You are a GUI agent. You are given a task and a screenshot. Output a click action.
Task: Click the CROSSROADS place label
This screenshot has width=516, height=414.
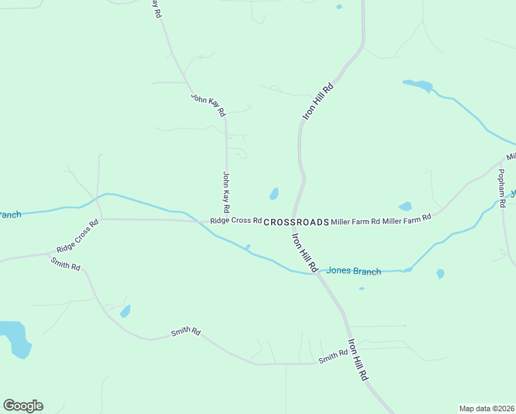296,222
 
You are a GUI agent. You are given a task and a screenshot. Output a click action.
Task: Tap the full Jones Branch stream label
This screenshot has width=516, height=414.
353,271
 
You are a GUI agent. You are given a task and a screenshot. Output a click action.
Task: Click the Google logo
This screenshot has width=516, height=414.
23,406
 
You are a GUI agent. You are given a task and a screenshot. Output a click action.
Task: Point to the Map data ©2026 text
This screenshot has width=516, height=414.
486,408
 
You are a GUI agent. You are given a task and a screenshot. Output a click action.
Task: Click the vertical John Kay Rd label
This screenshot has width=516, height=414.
226,192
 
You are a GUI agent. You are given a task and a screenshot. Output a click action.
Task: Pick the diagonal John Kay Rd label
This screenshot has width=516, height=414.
208,103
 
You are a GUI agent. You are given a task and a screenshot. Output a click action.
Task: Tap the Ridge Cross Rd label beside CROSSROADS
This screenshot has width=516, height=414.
236,221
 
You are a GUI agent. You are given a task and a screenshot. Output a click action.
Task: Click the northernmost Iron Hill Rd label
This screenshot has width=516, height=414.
318,102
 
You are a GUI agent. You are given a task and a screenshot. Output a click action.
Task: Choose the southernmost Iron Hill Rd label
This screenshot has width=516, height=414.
359,359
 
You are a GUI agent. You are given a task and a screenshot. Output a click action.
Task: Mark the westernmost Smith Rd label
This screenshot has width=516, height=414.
66,264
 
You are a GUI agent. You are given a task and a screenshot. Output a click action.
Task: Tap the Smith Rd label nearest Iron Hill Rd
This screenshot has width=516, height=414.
333,357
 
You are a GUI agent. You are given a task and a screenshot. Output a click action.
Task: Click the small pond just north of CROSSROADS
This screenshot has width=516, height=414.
274,194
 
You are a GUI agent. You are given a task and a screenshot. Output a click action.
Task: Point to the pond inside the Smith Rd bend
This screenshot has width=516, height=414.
125,311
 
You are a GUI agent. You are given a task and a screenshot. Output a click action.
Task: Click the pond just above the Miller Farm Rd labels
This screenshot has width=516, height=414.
405,206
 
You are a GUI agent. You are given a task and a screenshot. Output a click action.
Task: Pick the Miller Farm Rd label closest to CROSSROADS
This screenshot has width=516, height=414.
355,221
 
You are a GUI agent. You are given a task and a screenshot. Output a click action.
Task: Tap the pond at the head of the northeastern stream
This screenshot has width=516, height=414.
418,86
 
